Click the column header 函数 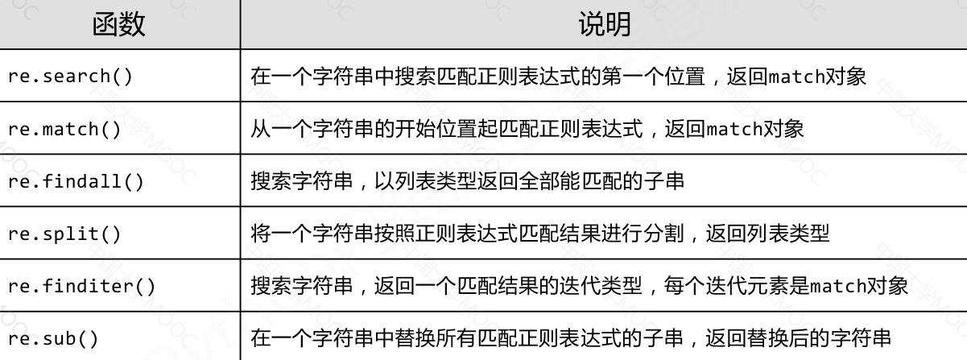(x=119, y=24)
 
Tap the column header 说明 (x=605, y=24)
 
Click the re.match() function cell (x=64, y=130)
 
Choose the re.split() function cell (x=64, y=234)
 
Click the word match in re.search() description (x=798, y=77)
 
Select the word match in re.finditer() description (x=838, y=287)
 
